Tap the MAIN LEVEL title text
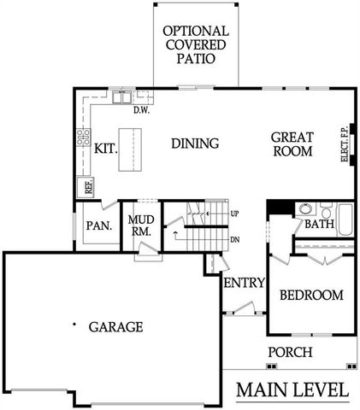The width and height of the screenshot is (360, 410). pyautogui.click(x=292, y=389)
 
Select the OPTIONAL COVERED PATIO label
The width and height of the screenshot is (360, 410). pyautogui.click(x=196, y=44)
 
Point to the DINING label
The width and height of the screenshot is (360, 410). pyautogui.click(x=195, y=143)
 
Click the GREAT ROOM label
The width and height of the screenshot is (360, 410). pyautogui.click(x=292, y=143)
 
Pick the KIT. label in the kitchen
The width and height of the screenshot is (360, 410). pyautogui.click(x=104, y=148)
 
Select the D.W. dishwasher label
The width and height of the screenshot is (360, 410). pyautogui.click(x=141, y=108)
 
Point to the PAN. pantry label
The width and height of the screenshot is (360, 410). pyautogui.click(x=96, y=226)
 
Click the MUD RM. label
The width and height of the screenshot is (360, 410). pyautogui.click(x=140, y=225)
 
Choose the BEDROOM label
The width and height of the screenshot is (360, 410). pyautogui.click(x=312, y=296)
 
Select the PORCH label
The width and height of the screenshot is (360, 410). pyautogui.click(x=290, y=353)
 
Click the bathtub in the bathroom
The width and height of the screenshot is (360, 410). pyautogui.click(x=344, y=220)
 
